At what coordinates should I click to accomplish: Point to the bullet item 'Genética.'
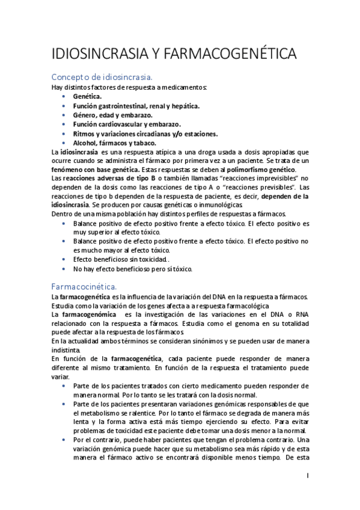click(87, 96)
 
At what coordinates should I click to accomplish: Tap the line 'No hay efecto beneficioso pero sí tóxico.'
click(132, 269)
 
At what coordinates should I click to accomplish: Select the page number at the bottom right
click(307, 476)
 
